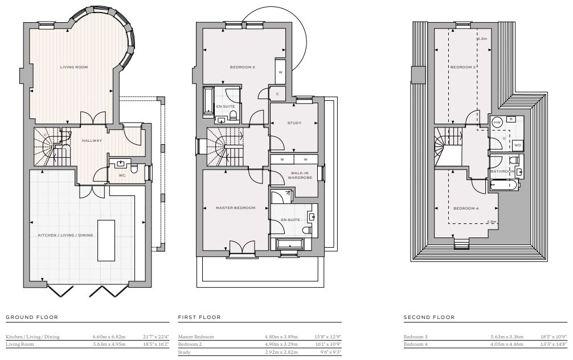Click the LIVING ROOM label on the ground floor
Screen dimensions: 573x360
[74, 67]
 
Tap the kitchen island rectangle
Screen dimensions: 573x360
[107, 240]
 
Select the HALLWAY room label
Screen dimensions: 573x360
[92, 141]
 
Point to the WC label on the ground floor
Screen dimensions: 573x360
[122, 175]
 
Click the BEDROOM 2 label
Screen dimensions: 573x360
[242, 67]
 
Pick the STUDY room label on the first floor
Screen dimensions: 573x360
[294, 123]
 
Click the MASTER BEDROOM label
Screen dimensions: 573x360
[236, 208]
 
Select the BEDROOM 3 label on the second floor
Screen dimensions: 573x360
[463, 67]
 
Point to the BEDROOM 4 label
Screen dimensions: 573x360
[466, 208]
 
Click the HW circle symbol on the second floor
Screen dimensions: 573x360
[497, 123]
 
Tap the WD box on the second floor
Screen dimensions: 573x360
[517, 145]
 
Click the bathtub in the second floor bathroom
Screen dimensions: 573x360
[504, 185]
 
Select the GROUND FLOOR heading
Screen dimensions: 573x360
[32, 317]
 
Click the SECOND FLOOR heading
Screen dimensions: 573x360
[429, 317]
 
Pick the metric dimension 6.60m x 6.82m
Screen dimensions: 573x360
[109, 337]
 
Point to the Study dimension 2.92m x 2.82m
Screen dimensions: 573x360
[281, 352]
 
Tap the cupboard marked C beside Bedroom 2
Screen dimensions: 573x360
[277, 94]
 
